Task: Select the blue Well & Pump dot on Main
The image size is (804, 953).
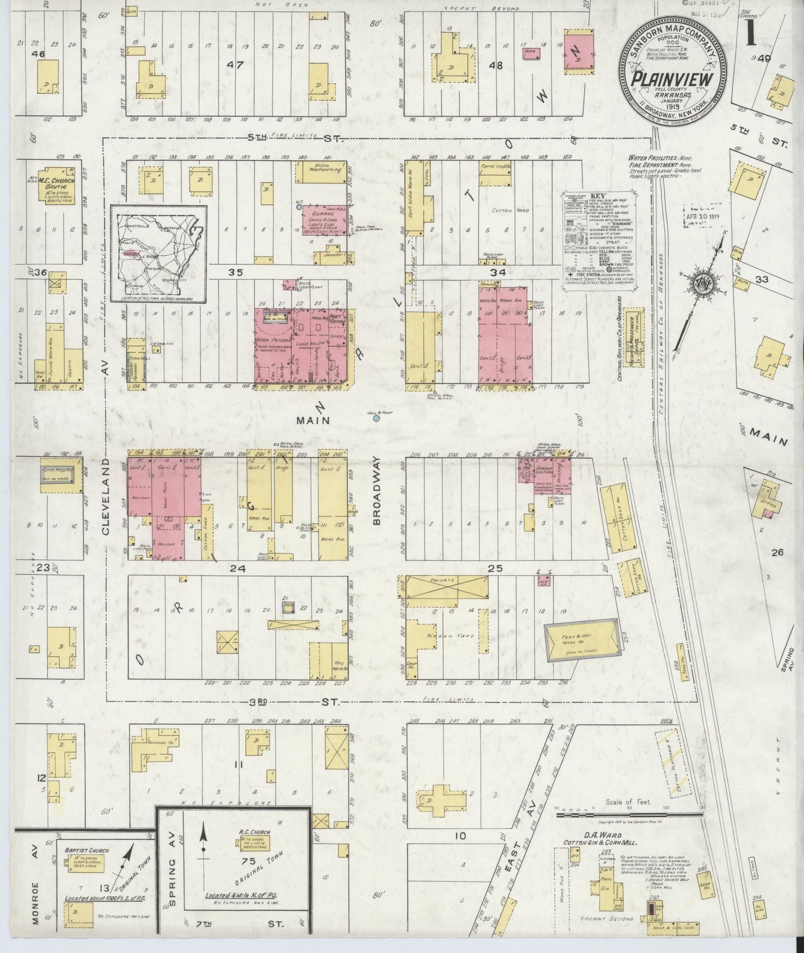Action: (x=377, y=419)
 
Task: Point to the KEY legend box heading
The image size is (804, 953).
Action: (x=598, y=196)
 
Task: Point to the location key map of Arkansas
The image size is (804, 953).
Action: (x=159, y=253)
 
